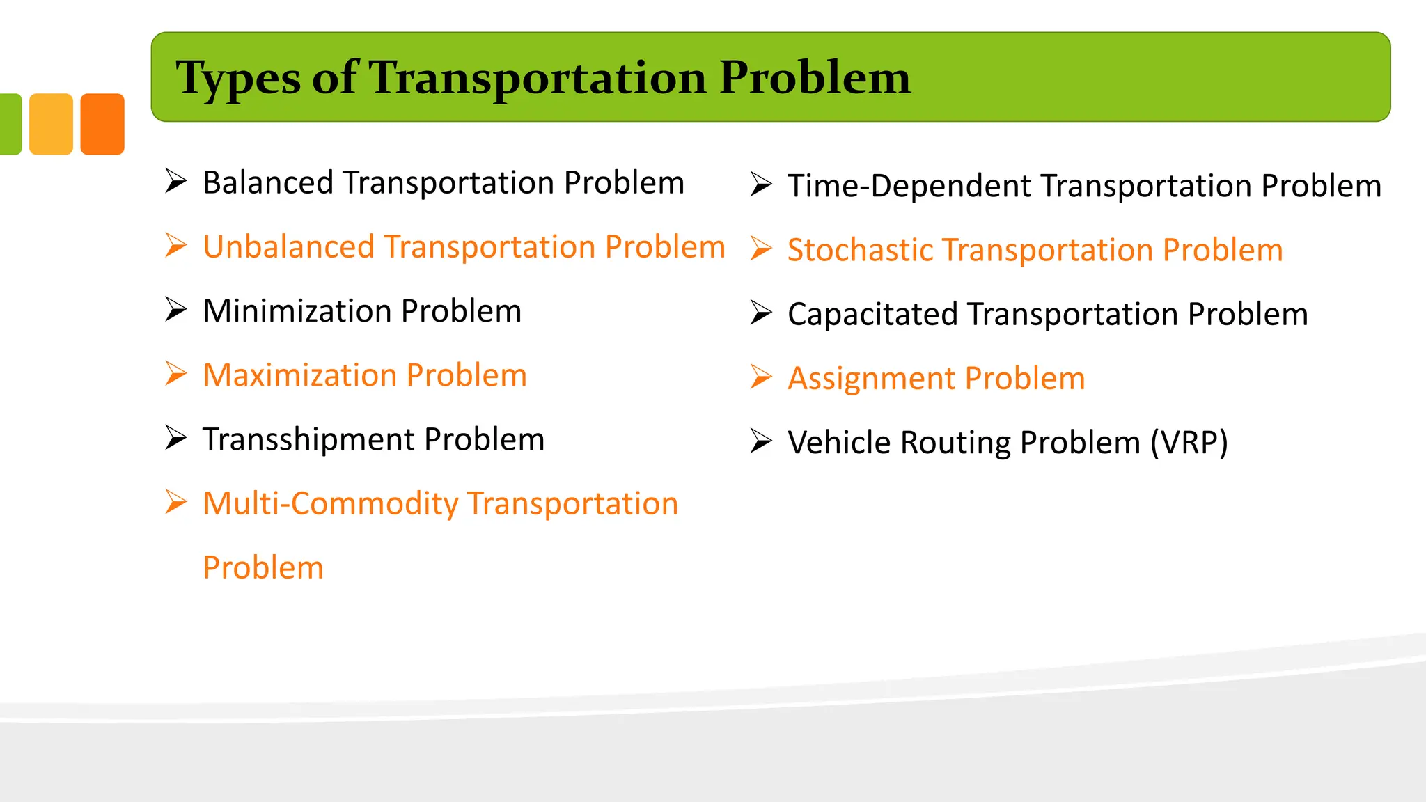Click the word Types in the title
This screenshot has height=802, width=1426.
tap(237, 79)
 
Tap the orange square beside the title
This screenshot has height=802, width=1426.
tap(102, 124)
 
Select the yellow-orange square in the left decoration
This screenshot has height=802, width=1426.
tap(51, 124)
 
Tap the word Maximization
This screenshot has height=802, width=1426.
tap(300, 376)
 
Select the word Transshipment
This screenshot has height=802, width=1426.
tap(309, 440)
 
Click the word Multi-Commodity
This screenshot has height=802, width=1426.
tap(330, 504)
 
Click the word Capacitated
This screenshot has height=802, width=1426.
tap(873, 315)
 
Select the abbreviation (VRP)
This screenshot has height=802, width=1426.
tap(1189, 443)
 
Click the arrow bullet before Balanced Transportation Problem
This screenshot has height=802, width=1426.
tap(176, 181)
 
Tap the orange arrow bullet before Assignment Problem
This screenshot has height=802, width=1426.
tap(761, 377)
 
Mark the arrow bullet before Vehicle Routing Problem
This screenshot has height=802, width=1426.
tap(761, 441)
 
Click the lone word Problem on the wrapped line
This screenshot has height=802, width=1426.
tap(263, 568)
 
